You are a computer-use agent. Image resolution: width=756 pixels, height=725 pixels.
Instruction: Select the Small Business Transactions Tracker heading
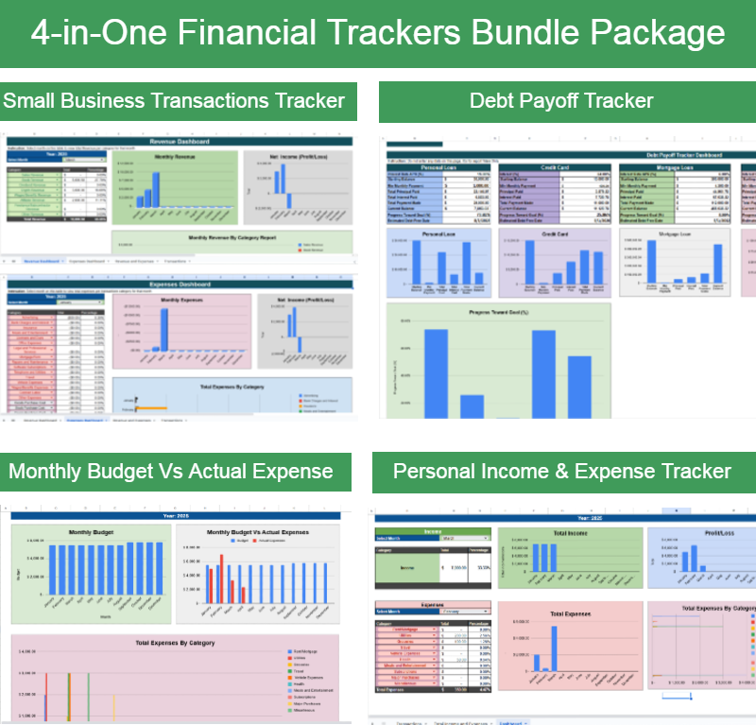click(174, 100)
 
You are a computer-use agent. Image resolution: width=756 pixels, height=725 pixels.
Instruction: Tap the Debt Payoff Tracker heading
click(561, 100)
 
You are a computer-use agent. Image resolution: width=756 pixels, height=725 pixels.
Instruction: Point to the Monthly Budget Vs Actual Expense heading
click(170, 471)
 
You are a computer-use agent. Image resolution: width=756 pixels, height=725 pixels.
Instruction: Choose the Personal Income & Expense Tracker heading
click(561, 471)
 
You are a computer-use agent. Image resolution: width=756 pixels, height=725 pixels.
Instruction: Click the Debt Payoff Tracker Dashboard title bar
click(684, 154)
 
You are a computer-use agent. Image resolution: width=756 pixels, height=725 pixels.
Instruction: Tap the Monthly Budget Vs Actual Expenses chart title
click(257, 533)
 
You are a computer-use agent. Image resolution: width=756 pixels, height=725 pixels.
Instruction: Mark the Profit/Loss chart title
click(703, 535)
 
